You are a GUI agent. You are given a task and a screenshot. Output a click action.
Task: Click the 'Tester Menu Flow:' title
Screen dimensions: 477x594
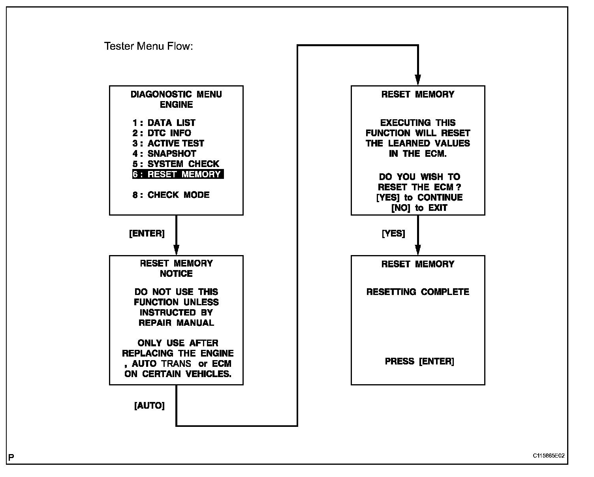tap(148, 47)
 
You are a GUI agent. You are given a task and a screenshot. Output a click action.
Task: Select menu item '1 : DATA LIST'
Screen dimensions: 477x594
tap(164, 123)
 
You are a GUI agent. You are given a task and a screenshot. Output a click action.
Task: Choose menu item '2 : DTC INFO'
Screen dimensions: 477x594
tap(162, 133)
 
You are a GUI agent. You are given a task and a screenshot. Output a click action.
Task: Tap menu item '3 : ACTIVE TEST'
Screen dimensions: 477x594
tap(168, 143)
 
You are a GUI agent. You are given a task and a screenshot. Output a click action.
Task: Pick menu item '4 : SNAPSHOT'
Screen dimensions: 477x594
tap(164, 154)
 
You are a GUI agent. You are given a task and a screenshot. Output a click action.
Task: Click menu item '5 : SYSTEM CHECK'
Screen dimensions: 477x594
tap(176, 164)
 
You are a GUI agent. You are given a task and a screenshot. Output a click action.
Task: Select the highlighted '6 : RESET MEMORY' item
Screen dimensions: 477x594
tap(178, 174)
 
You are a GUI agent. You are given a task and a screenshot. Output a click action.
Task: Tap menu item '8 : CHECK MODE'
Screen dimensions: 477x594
tap(171, 195)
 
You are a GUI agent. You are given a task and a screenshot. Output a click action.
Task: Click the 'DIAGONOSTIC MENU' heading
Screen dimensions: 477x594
tap(176, 94)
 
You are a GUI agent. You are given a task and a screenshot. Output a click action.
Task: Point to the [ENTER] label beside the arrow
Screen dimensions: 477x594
tap(147, 233)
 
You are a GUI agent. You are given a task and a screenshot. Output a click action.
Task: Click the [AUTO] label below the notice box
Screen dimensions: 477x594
tap(149, 406)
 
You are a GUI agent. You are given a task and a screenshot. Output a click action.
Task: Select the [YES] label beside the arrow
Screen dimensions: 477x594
tap(393, 233)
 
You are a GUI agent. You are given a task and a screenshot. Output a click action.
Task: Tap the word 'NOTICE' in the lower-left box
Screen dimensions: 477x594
tap(176, 274)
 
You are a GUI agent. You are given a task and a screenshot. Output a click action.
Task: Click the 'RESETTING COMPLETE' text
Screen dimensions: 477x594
tap(418, 292)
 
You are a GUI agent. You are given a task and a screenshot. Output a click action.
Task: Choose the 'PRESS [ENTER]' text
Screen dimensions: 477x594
tap(419, 361)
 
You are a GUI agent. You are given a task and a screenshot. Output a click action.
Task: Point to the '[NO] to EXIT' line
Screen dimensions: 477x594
tap(419, 208)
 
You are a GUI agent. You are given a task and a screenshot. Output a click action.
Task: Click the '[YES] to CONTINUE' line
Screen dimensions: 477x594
tap(419, 197)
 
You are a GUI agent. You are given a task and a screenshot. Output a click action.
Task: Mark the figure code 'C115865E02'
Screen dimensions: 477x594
tap(549, 456)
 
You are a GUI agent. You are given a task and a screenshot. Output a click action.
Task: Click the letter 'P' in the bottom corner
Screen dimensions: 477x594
tap(11, 458)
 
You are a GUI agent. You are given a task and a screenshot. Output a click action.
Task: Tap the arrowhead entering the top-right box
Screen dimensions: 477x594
tap(418, 80)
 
